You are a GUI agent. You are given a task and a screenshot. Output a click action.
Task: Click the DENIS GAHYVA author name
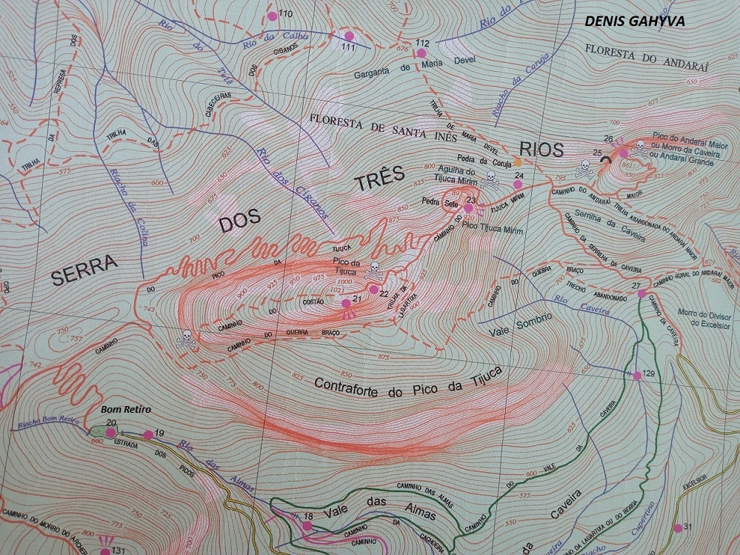tap(635, 21)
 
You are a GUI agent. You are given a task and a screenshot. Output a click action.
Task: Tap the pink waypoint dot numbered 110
tap(272, 16)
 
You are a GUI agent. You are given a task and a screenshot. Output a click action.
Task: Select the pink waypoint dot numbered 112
tap(421, 53)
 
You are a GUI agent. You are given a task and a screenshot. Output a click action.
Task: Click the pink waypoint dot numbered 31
tap(678, 528)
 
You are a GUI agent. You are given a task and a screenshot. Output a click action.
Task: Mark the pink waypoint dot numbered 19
tap(148, 435)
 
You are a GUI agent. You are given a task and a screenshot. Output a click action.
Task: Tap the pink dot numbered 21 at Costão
tap(345, 303)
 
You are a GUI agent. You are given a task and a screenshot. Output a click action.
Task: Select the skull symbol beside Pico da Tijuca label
tap(374, 269)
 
